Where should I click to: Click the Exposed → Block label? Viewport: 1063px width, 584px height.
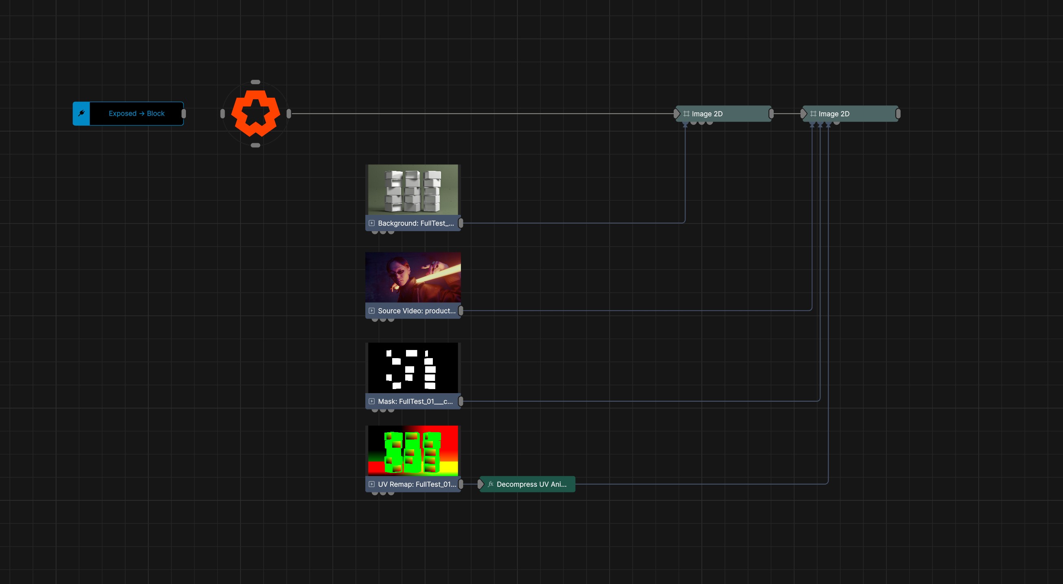tap(137, 114)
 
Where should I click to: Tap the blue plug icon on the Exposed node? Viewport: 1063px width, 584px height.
tap(81, 114)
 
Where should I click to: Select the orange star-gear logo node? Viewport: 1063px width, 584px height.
tap(255, 114)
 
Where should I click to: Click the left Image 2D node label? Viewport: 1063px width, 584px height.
tap(707, 114)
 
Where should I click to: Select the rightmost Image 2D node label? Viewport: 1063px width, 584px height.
tap(834, 114)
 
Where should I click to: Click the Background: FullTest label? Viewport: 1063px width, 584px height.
tap(415, 223)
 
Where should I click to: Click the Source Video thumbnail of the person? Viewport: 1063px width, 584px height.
tap(413, 277)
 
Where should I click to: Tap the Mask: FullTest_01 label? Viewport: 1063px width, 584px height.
tap(415, 401)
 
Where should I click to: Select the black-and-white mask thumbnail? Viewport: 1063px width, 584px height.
tap(413, 368)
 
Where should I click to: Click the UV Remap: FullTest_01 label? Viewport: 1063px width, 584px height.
tap(417, 484)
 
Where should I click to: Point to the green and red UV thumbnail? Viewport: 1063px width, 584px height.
tap(413, 451)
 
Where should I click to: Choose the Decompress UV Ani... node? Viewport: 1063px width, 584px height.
tap(527, 484)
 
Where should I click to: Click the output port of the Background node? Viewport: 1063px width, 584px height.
tap(461, 223)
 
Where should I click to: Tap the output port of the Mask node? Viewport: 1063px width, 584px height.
tap(461, 401)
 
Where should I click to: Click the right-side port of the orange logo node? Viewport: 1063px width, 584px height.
tap(289, 114)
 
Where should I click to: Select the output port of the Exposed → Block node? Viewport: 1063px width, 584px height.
tap(183, 114)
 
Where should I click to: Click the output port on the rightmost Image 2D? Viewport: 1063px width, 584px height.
tap(898, 114)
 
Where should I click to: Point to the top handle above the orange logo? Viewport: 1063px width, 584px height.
tap(255, 82)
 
